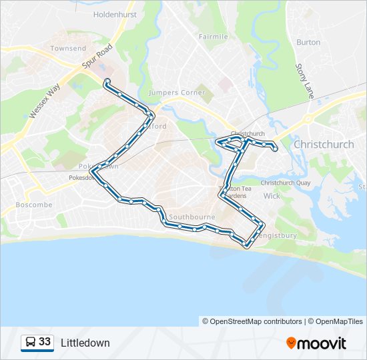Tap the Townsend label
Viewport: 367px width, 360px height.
[68, 49]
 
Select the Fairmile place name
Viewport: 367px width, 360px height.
[213, 37]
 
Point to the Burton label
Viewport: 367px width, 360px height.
[308, 42]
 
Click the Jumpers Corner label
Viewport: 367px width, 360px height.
[177, 93]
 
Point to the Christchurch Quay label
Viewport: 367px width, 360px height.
[286, 183]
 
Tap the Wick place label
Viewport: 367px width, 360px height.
[272, 196]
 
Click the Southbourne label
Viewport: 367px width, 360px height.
[192, 217]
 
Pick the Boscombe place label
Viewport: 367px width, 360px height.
[33, 205]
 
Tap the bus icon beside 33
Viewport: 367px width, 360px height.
[29, 343]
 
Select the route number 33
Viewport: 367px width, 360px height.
[45, 342]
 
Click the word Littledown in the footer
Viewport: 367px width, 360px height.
[85, 343]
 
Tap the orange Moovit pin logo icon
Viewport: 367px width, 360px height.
[292, 343]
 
